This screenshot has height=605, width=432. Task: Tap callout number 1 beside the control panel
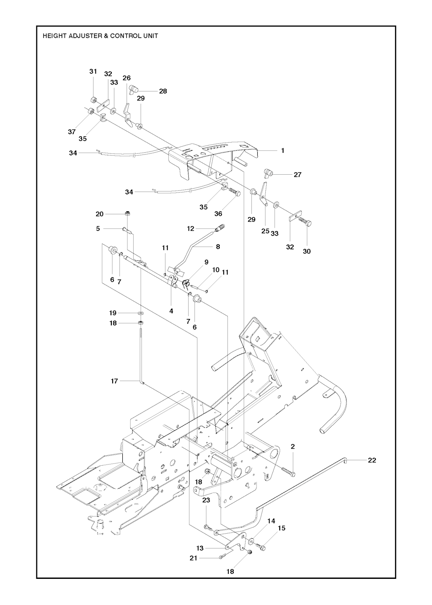pyautogui.click(x=282, y=151)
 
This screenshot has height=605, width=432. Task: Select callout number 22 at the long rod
pyautogui.click(x=372, y=460)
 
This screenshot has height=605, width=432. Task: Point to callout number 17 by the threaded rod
pyautogui.click(x=114, y=381)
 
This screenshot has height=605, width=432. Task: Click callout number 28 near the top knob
pyautogui.click(x=163, y=91)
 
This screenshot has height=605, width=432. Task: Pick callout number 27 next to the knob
pyautogui.click(x=297, y=175)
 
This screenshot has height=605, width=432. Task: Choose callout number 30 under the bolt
pyautogui.click(x=306, y=251)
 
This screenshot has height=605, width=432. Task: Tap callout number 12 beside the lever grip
pyautogui.click(x=190, y=229)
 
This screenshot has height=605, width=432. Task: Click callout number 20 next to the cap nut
pyautogui.click(x=100, y=214)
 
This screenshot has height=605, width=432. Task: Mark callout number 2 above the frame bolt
pyautogui.click(x=293, y=446)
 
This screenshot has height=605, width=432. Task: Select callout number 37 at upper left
pyautogui.click(x=72, y=132)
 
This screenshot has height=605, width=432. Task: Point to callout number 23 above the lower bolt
pyautogui.click(x=206, y=500)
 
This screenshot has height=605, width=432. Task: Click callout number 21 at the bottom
pyautogui.click(x=193, y=558)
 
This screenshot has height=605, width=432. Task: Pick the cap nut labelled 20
pyautogui.click(x=127, y=213)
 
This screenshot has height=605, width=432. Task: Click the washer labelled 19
pyautogui.click(x=140, y=313)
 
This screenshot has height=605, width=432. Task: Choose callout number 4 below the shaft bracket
pyautogui.click(x=171, y=311)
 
